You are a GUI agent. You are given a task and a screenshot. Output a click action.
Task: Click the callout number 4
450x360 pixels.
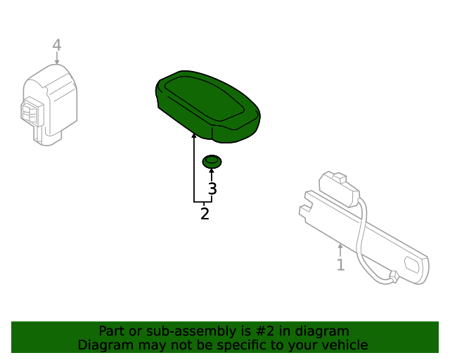click(x=57, y=45)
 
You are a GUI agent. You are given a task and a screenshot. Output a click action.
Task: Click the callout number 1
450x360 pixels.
click(x=340, y=265)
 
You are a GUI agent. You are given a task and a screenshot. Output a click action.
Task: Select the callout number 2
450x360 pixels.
click(x=205, y=214)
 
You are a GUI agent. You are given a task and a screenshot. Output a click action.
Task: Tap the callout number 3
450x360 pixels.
click(x=212, y=189)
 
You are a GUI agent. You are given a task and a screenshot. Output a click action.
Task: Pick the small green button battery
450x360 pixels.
click(x=212, y=162)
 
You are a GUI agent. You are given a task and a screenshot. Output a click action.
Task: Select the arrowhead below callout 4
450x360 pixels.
click(x=57, y=62)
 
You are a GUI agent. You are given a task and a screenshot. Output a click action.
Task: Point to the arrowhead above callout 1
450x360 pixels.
click(x=340, y=247)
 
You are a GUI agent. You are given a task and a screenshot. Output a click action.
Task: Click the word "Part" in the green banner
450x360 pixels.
click(x=112, y=331)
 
